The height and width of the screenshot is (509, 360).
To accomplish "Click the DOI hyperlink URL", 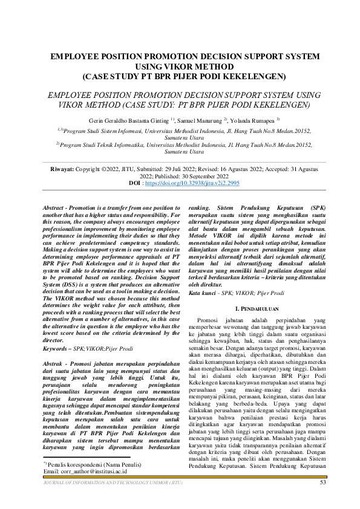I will (x=188, y=182).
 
